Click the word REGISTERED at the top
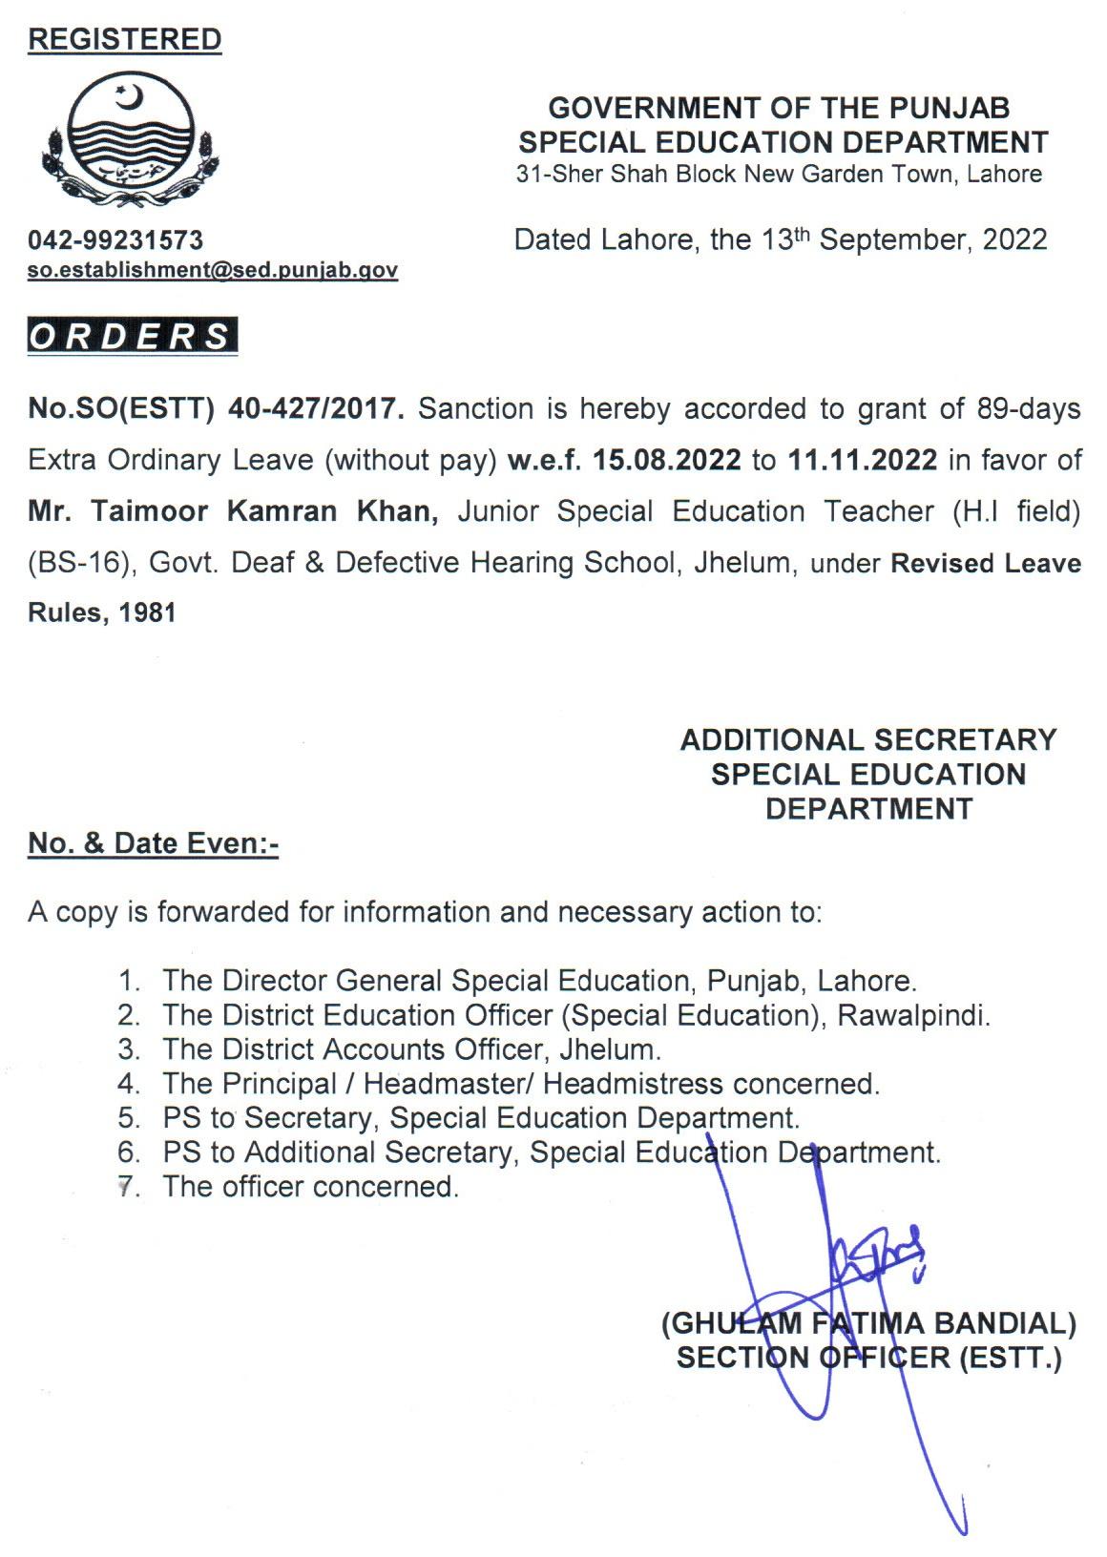125,39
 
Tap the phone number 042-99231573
115,239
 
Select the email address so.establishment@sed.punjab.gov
213,270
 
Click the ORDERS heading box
132,337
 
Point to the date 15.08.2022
666,460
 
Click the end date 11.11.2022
863,460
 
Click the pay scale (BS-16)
78,563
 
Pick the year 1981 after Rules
148,612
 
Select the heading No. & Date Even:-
153,843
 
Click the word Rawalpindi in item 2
913,1015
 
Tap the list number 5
128,1118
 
